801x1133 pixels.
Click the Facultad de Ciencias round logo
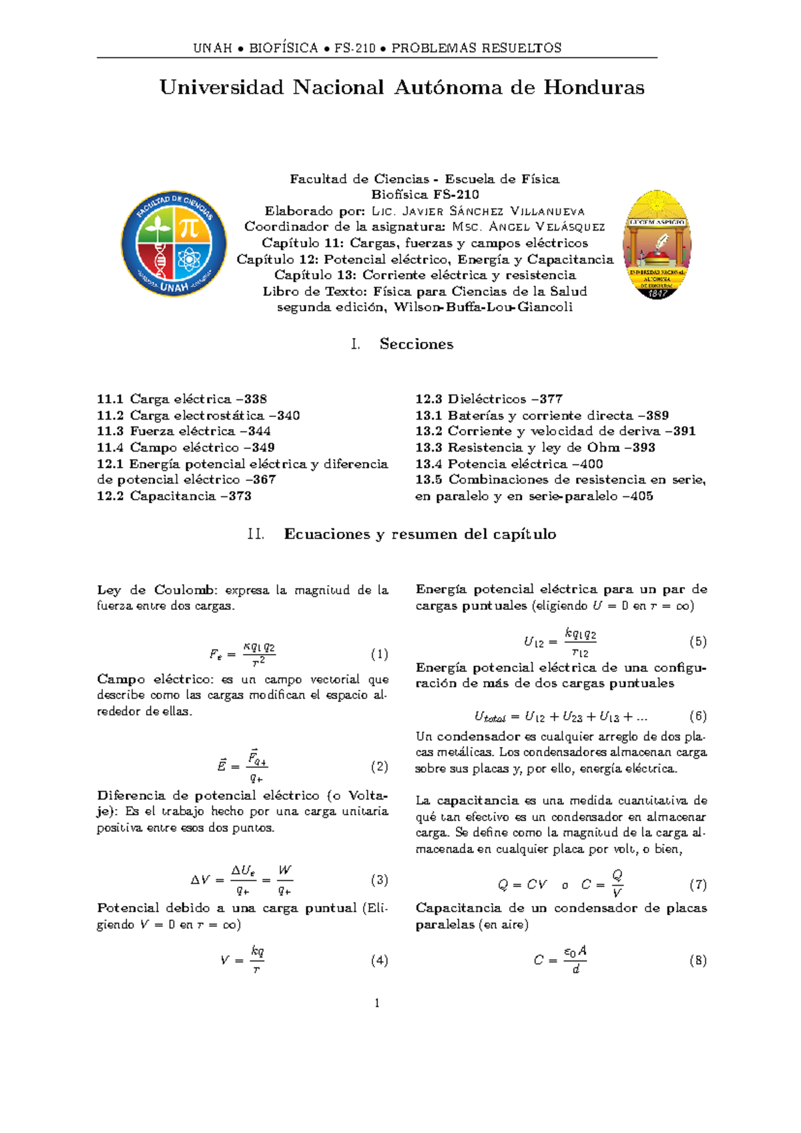pyautogui.click(x=174, y=243)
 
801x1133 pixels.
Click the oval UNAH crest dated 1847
pyautogui.click(x=657, y=245)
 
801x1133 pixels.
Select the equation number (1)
pyautogui.click(x=379, y=654)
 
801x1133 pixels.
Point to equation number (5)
pyautogui.click(x=698, y=641)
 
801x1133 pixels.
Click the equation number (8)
pyautogui.click(x=698, y=960)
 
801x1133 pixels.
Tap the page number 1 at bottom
pyautogui.click(x=377, y=1003)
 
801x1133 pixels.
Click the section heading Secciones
pyautogui.click(x=417, y=344)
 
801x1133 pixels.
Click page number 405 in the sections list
pyautogui.click(x=641, y=496)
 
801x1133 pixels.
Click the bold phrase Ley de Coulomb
pyautogui.click(x=157, y=590)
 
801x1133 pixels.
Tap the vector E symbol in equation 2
pyautogui.click(x=222, y=766)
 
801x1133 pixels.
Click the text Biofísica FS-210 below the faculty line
pyautogui.click(x=425, y=195)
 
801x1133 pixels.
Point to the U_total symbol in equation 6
pyautogui.click(x=490, y=717)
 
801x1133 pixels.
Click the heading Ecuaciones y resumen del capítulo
pyautogui.click(x=420, y=534)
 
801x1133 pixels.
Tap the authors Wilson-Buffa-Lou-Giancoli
pyautogui.click(x=483, y=307)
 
